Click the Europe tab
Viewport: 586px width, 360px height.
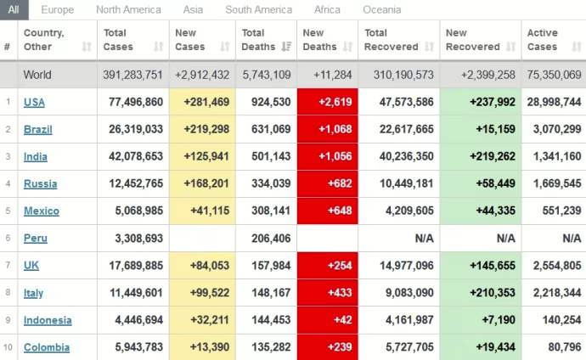click(57, 10)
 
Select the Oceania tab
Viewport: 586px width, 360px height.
click(381, 10)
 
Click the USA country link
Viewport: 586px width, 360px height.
click(34, 102)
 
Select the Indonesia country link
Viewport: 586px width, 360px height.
click(48, 320)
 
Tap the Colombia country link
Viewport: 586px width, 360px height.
click(47, 347)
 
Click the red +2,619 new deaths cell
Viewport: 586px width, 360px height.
click(326, 102)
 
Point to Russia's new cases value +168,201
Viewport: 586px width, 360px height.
click(201, 183)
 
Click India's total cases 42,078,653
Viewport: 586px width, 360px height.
click(132, 156)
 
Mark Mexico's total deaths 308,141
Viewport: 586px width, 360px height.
click(266, 211)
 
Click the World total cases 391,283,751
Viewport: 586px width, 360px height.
click(132, 75)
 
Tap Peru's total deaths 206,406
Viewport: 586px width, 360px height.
click(266, 239)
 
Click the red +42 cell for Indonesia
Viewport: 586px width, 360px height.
click(326, 320)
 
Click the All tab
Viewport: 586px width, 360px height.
click(14, 10)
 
